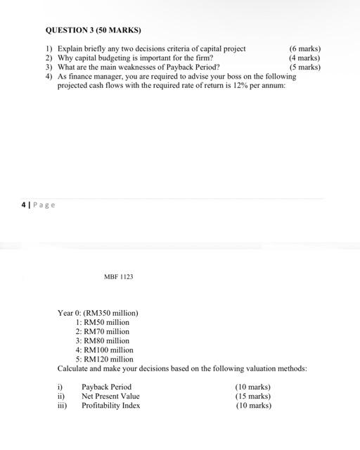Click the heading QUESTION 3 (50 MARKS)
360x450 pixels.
(x=94, y=31)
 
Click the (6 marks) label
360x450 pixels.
(x=304, y=49)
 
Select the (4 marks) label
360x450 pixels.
(x=304, y=58)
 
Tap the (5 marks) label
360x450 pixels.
(x=304, y=67)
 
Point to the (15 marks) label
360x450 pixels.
(x=252, y=396)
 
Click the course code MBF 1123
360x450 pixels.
(x=118, y=277)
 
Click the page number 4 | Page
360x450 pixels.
(x=38, y=205)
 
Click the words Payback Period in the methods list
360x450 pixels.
(x=106, y=387)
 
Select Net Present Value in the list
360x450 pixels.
(x=110, y=396)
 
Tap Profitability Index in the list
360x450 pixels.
(x=110, y=405)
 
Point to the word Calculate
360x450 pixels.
(x=73, y=368)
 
